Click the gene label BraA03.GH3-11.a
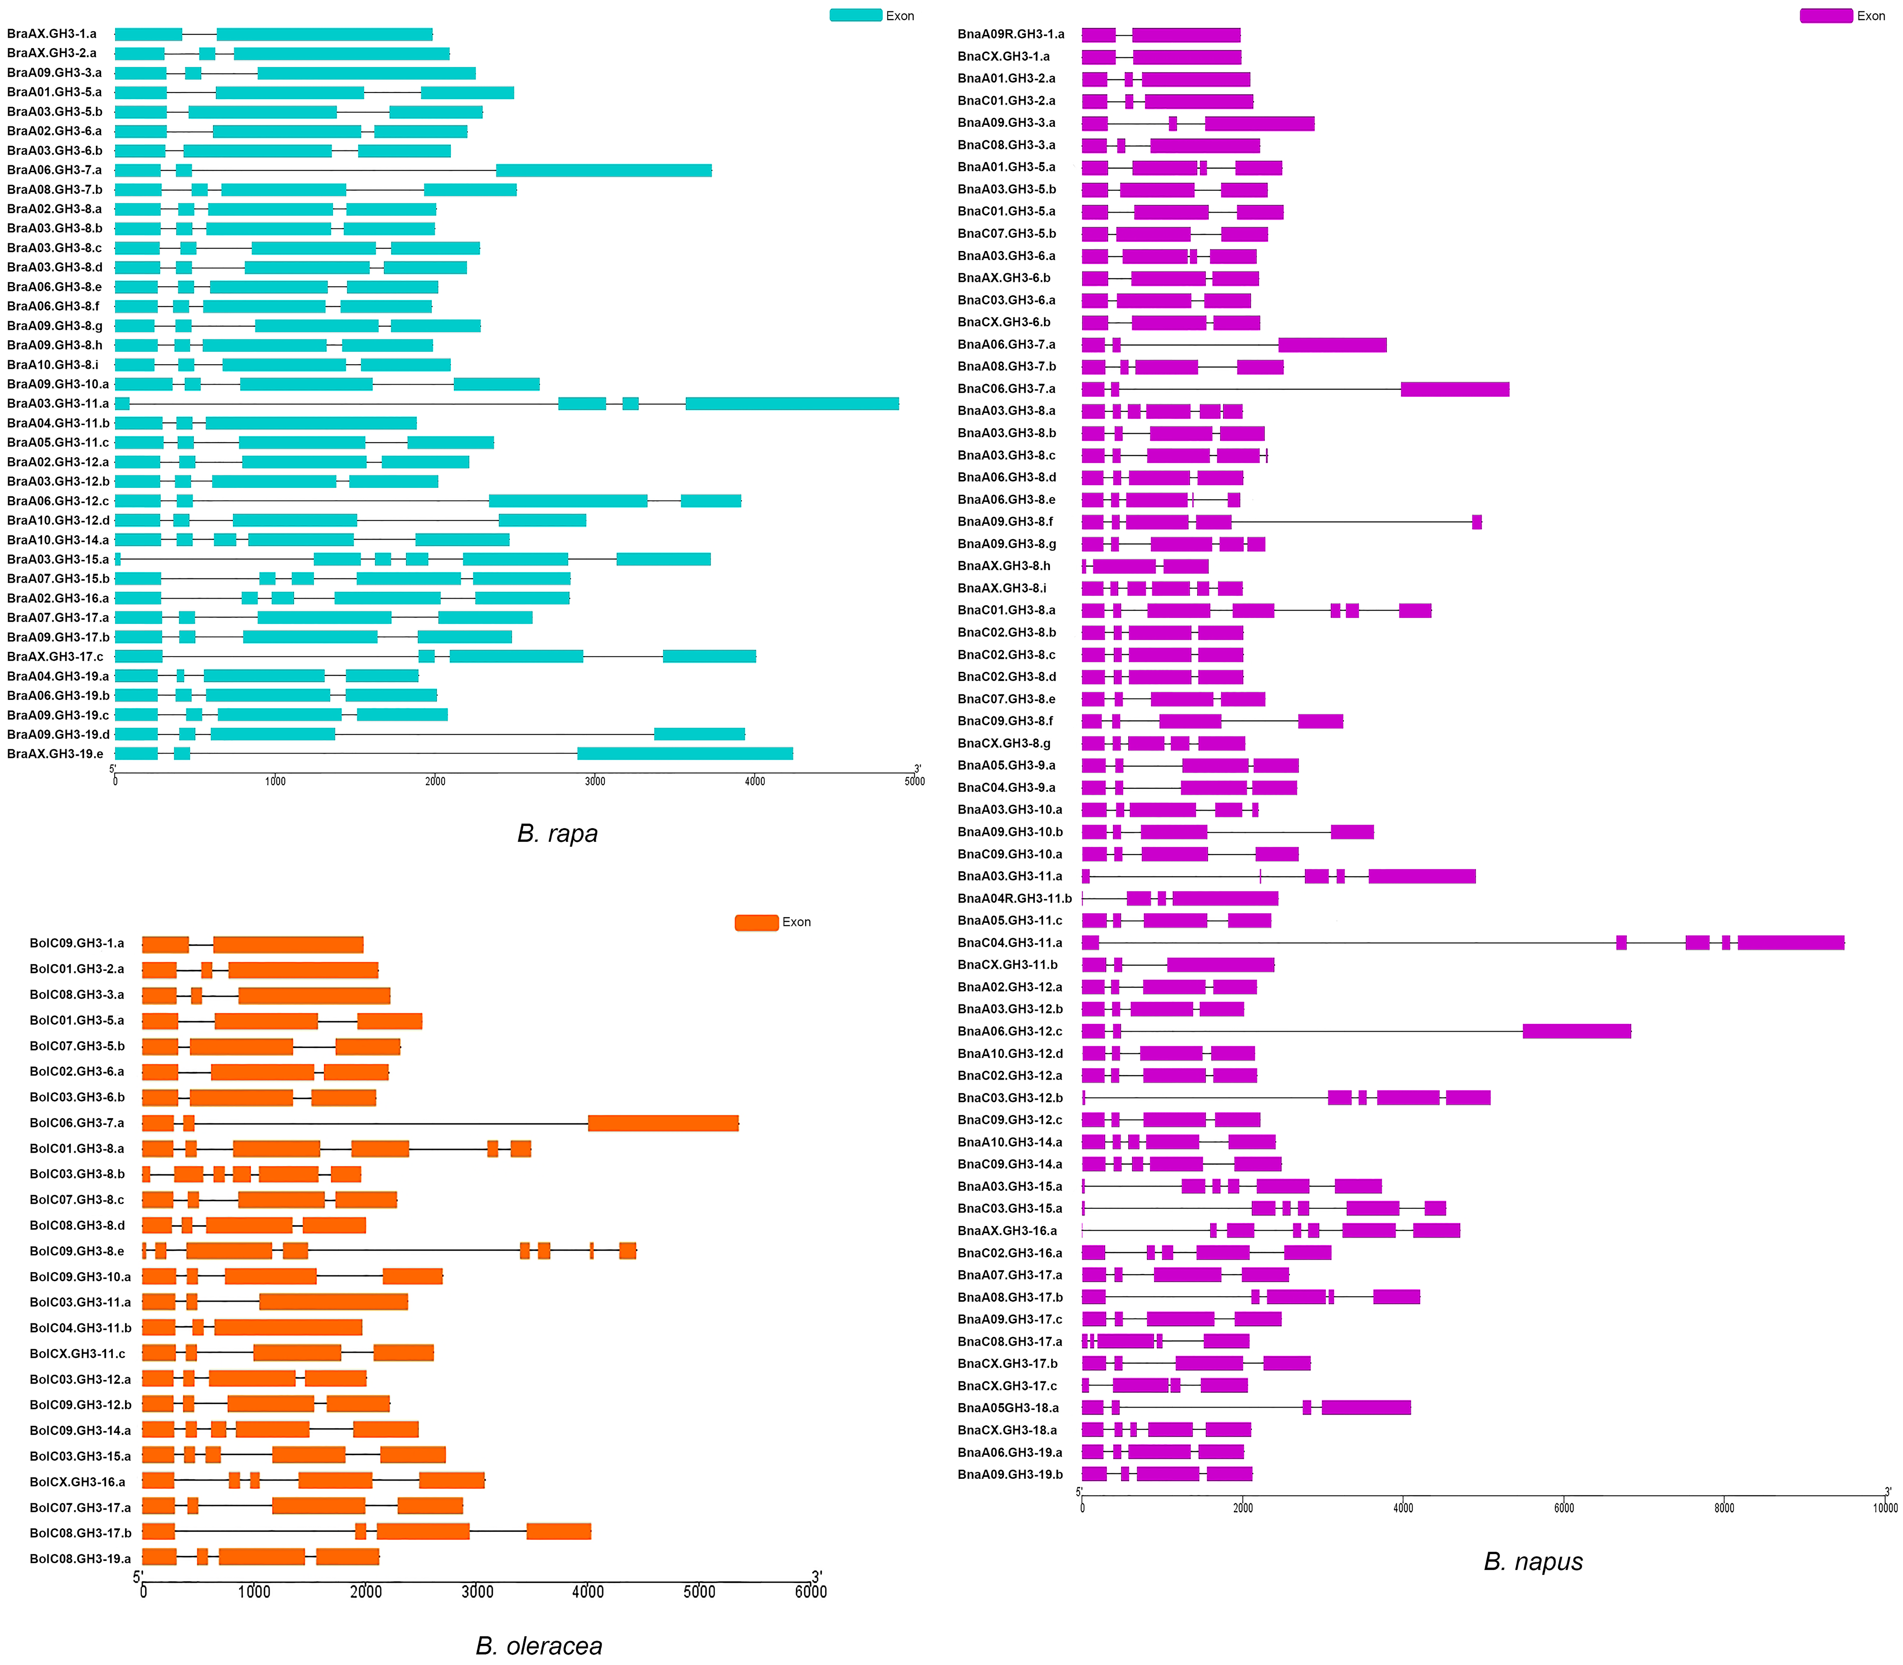(58, 403)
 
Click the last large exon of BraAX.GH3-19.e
(685, 753)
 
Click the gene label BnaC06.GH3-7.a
(1006, 388)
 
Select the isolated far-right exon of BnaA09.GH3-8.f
(1477, 522)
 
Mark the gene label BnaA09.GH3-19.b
(1010, 1475)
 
